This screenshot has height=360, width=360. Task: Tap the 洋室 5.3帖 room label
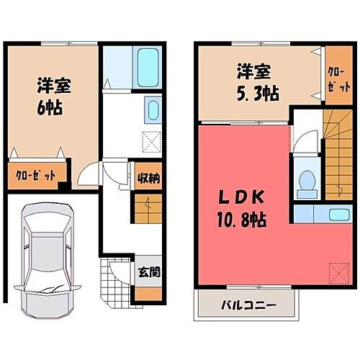point(255,82)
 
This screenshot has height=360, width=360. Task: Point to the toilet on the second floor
point(305,183)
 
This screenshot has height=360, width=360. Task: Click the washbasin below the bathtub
point(153,112)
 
